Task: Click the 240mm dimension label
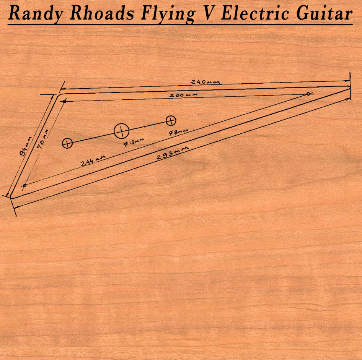(x=205, y=82)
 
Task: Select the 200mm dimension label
(x=183, y=95)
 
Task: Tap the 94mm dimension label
(x=26, y=146)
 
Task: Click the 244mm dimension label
(x=93, y=161)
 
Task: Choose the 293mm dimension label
(x=173, y=153)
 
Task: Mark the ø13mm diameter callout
(x=134, y=143)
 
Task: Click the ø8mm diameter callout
(x=178, y=132)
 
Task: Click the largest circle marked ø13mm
(x=121, y=131)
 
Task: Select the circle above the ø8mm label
(x=171, y=120)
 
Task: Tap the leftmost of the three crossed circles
(x=67, y=143)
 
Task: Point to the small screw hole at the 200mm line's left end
(x=64, y=101)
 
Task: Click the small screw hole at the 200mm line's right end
(x=308, y=94)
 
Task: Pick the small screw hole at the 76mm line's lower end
(x=25, y=185)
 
